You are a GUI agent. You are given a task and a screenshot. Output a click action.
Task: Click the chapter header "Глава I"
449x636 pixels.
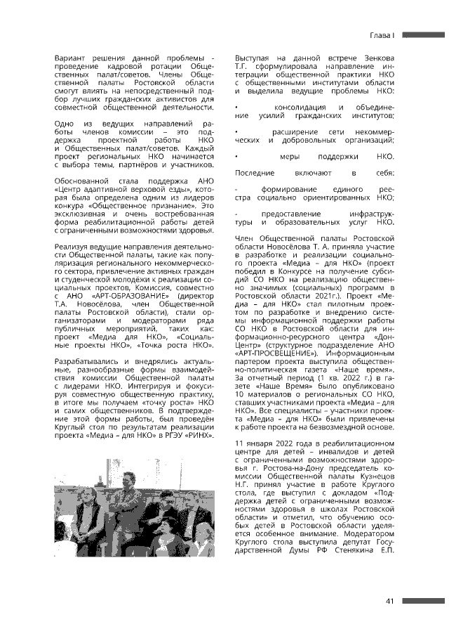(384, 34)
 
